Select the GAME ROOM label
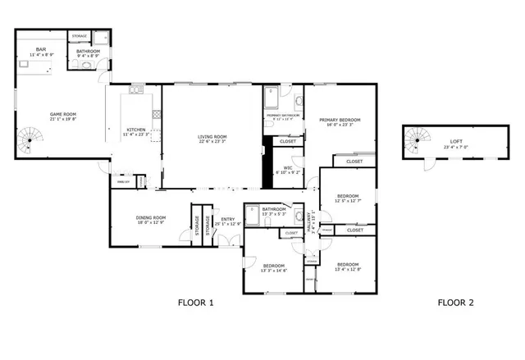(62, 114)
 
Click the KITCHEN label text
(136, 130)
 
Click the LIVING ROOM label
(212, 136)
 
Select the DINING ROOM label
(151, 217)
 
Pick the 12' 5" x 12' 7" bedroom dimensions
(348, 201)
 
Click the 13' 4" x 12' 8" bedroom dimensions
(348, 268)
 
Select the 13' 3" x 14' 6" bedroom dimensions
(273, 270)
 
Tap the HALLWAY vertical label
(312, 221)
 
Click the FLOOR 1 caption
(195, 303)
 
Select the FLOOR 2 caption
(455, 303)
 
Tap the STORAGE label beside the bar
(80, 37)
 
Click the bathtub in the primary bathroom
(272, 97)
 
